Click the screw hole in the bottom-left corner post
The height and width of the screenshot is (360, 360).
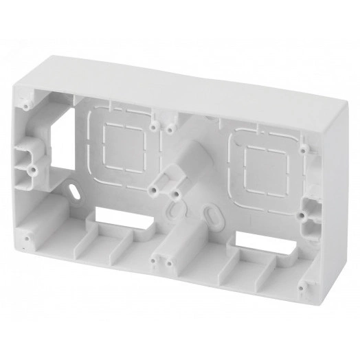(x=26, y=240)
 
